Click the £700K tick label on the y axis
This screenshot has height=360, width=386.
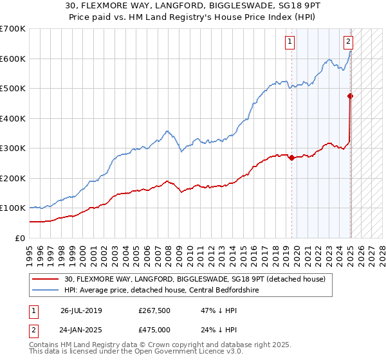point(13,29)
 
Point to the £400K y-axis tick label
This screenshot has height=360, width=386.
point(13,118)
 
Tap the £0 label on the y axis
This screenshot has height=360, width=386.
point(21,238)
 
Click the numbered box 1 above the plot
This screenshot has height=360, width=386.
point(290,42)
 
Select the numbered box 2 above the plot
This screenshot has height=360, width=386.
point(348,42)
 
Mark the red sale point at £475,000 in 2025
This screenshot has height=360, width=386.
point(351,96)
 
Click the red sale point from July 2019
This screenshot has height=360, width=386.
point(291,158)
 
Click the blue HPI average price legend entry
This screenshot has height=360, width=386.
point(161,290)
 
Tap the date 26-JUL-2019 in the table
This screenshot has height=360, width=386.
point(81,310)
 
